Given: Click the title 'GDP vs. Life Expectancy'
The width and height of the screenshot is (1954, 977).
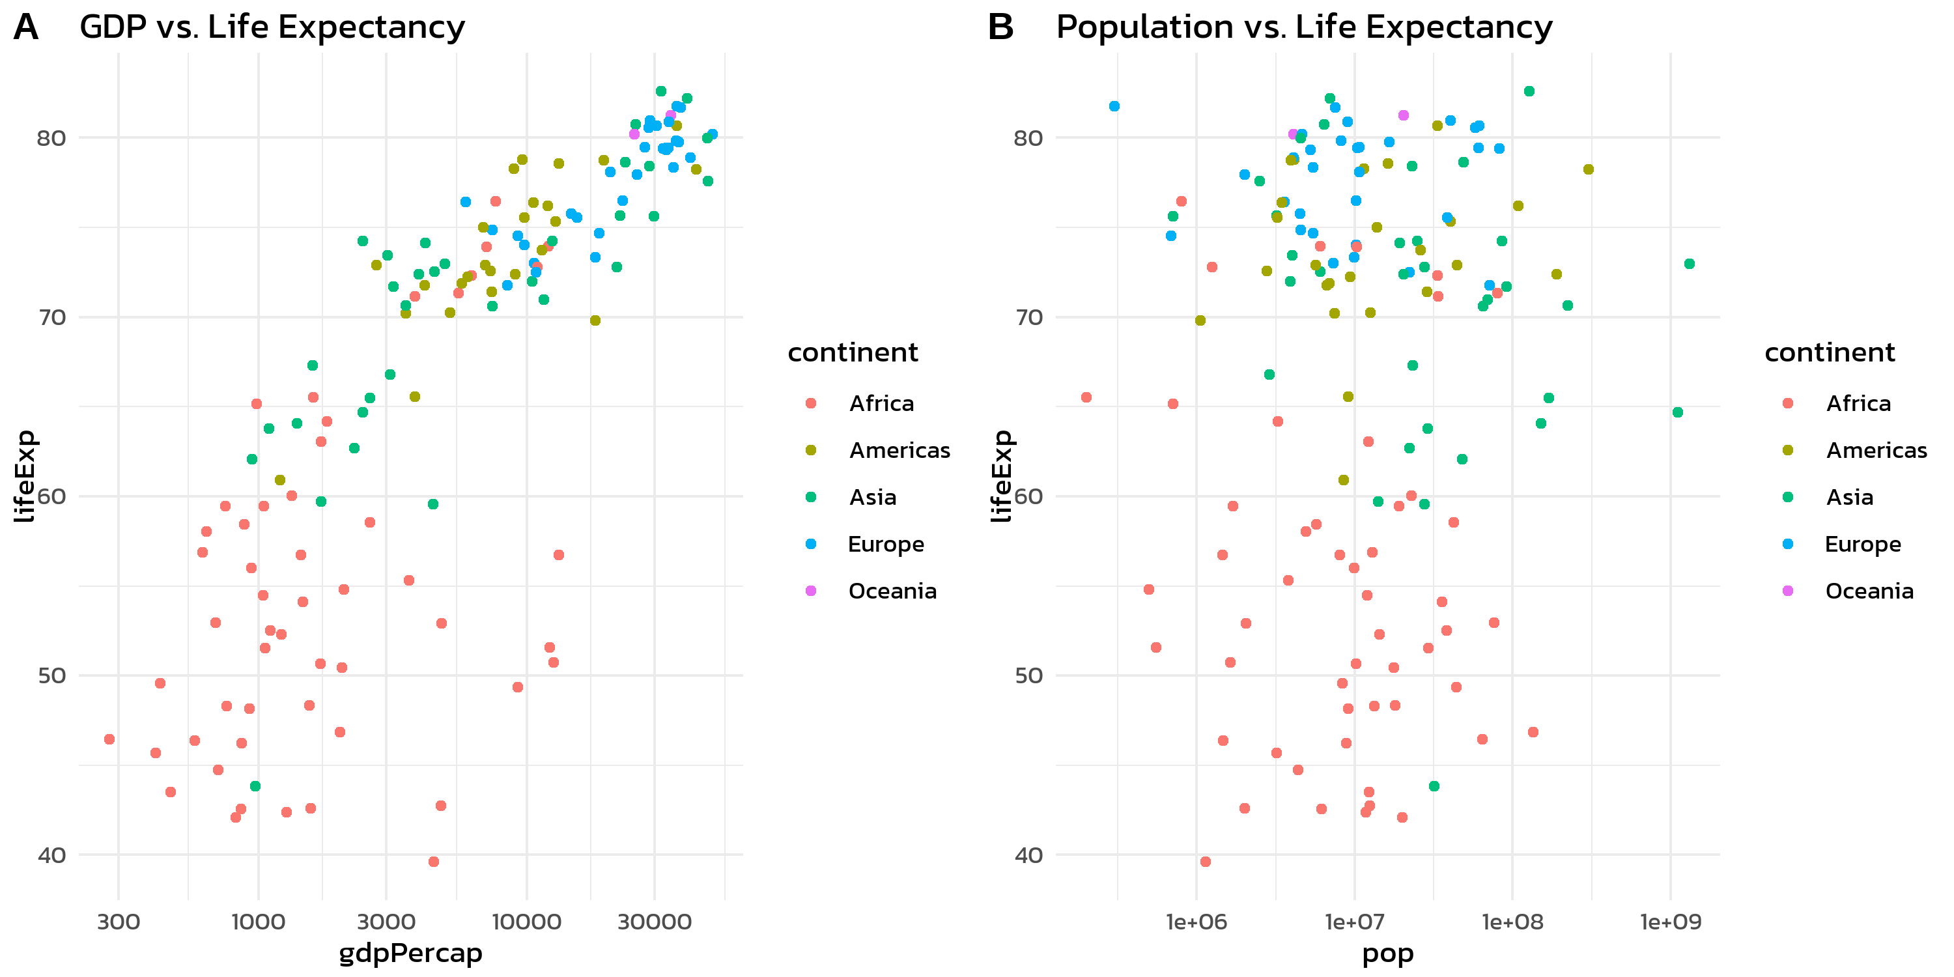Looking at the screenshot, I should click(x=272, y=27).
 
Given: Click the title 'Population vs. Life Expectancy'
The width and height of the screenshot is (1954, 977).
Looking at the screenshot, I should click(x=1304, y=27).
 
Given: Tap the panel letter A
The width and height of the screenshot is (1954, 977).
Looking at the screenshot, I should click(x=26, y=27).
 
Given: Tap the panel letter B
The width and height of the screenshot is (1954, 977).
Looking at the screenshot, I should click(x=1000, y=27).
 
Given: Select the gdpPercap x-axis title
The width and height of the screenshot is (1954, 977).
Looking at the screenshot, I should click(x=410, y=953).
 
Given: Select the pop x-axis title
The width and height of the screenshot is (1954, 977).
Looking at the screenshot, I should click(x=1387, y=953).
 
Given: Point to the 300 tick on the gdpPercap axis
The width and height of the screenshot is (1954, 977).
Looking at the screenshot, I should click(x=119, y=922).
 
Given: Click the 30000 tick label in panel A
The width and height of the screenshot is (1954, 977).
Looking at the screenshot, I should click(x=655, y=922).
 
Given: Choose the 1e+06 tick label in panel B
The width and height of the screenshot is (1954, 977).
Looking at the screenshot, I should click(x=1196, y=922).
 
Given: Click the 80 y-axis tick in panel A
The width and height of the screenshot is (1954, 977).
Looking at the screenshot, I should click(x=51, y=138).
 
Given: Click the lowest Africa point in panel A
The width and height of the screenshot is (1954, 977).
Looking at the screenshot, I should click(x=434, y=862).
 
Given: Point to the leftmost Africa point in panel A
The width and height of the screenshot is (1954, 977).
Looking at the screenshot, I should click(x=109, y=739).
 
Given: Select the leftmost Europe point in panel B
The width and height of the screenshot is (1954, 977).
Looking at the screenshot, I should click(x=1114, y=106).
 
